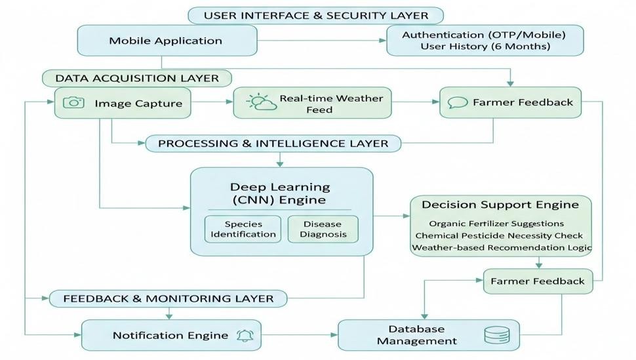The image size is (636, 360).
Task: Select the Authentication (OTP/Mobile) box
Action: pos(484,35)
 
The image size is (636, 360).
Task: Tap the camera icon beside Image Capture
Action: pos(74,103)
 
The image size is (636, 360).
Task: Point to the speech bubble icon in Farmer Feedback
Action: pos(457,103)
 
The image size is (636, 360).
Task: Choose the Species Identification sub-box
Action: pos(243,229)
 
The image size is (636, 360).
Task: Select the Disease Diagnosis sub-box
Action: pos(322,229)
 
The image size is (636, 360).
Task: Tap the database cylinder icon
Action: pos(496,335)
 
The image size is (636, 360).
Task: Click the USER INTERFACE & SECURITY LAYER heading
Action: pos(315,15)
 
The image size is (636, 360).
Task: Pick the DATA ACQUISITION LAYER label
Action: pos(136,78)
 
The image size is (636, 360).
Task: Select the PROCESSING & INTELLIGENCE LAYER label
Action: pos(273,143)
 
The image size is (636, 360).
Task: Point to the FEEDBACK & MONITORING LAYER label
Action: pos(168,298)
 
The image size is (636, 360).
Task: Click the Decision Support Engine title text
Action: pos(500,205)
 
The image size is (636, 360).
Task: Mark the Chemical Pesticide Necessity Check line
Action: pos(499,235)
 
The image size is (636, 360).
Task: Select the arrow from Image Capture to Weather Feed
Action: pos(212,102)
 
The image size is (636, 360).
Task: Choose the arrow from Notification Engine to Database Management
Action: pos(299,335)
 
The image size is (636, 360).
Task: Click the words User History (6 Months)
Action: pos(485,47)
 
